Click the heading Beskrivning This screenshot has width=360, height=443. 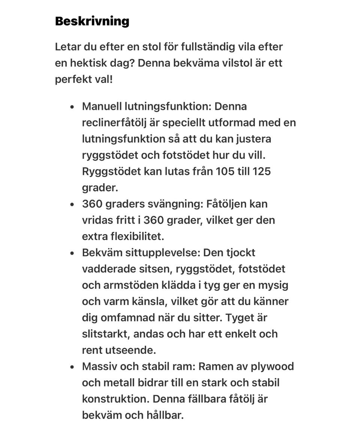[92, 21]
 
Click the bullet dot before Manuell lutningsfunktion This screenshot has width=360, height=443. [72, 107]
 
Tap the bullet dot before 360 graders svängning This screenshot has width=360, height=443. [72, 204]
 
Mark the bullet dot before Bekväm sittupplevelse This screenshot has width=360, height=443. [72, 253]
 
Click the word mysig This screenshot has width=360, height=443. [273, 285]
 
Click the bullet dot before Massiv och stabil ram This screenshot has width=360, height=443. [72, 367]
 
